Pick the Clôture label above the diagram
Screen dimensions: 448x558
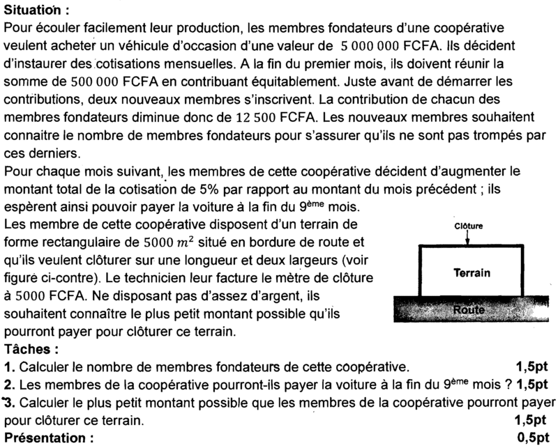(468, 226)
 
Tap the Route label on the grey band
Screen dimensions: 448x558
(468, 309)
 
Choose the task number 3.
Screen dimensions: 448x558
(8, 403)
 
